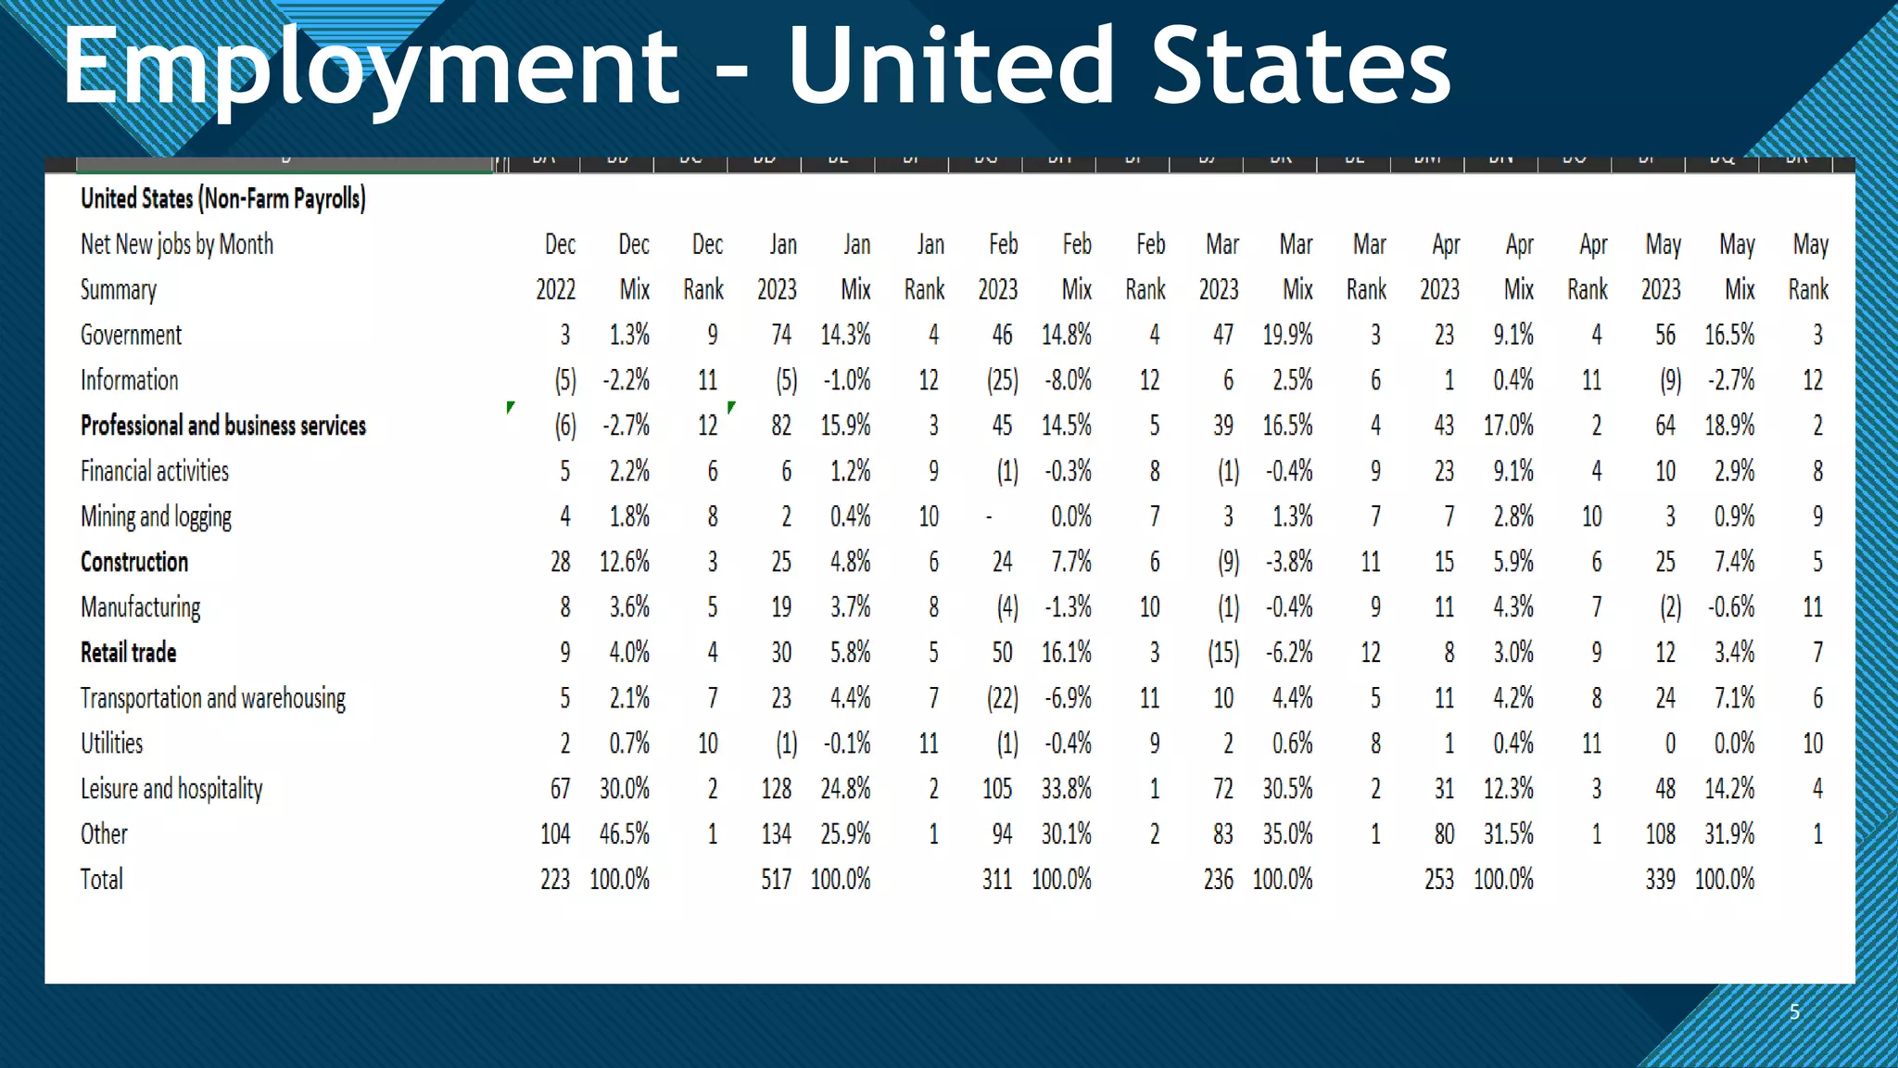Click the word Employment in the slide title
coord(371,67)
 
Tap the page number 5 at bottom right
coord(1794,1011)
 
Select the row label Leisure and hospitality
coord(171,789)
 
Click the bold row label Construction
coord(134,562)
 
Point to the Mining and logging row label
coord(156,516)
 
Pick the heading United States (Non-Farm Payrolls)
coord(222,198)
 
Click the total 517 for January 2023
coord(776,879)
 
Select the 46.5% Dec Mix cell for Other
coord(624,833)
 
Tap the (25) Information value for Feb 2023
coord(1002,380)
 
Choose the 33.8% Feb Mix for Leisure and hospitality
coord(1066,789)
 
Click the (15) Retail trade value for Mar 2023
coord(1223,653)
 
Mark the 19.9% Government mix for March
coord(1287,335)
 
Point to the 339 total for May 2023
coord(1660,879)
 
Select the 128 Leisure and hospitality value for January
coord(776,789)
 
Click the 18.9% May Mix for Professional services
coord(1729,426)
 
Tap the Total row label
coord(101,879)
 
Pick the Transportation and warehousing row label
coord(213,698)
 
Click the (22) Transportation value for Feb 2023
coord(1002,698)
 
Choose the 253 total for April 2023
coord(1438,879)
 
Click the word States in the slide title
coord(1300,67)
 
